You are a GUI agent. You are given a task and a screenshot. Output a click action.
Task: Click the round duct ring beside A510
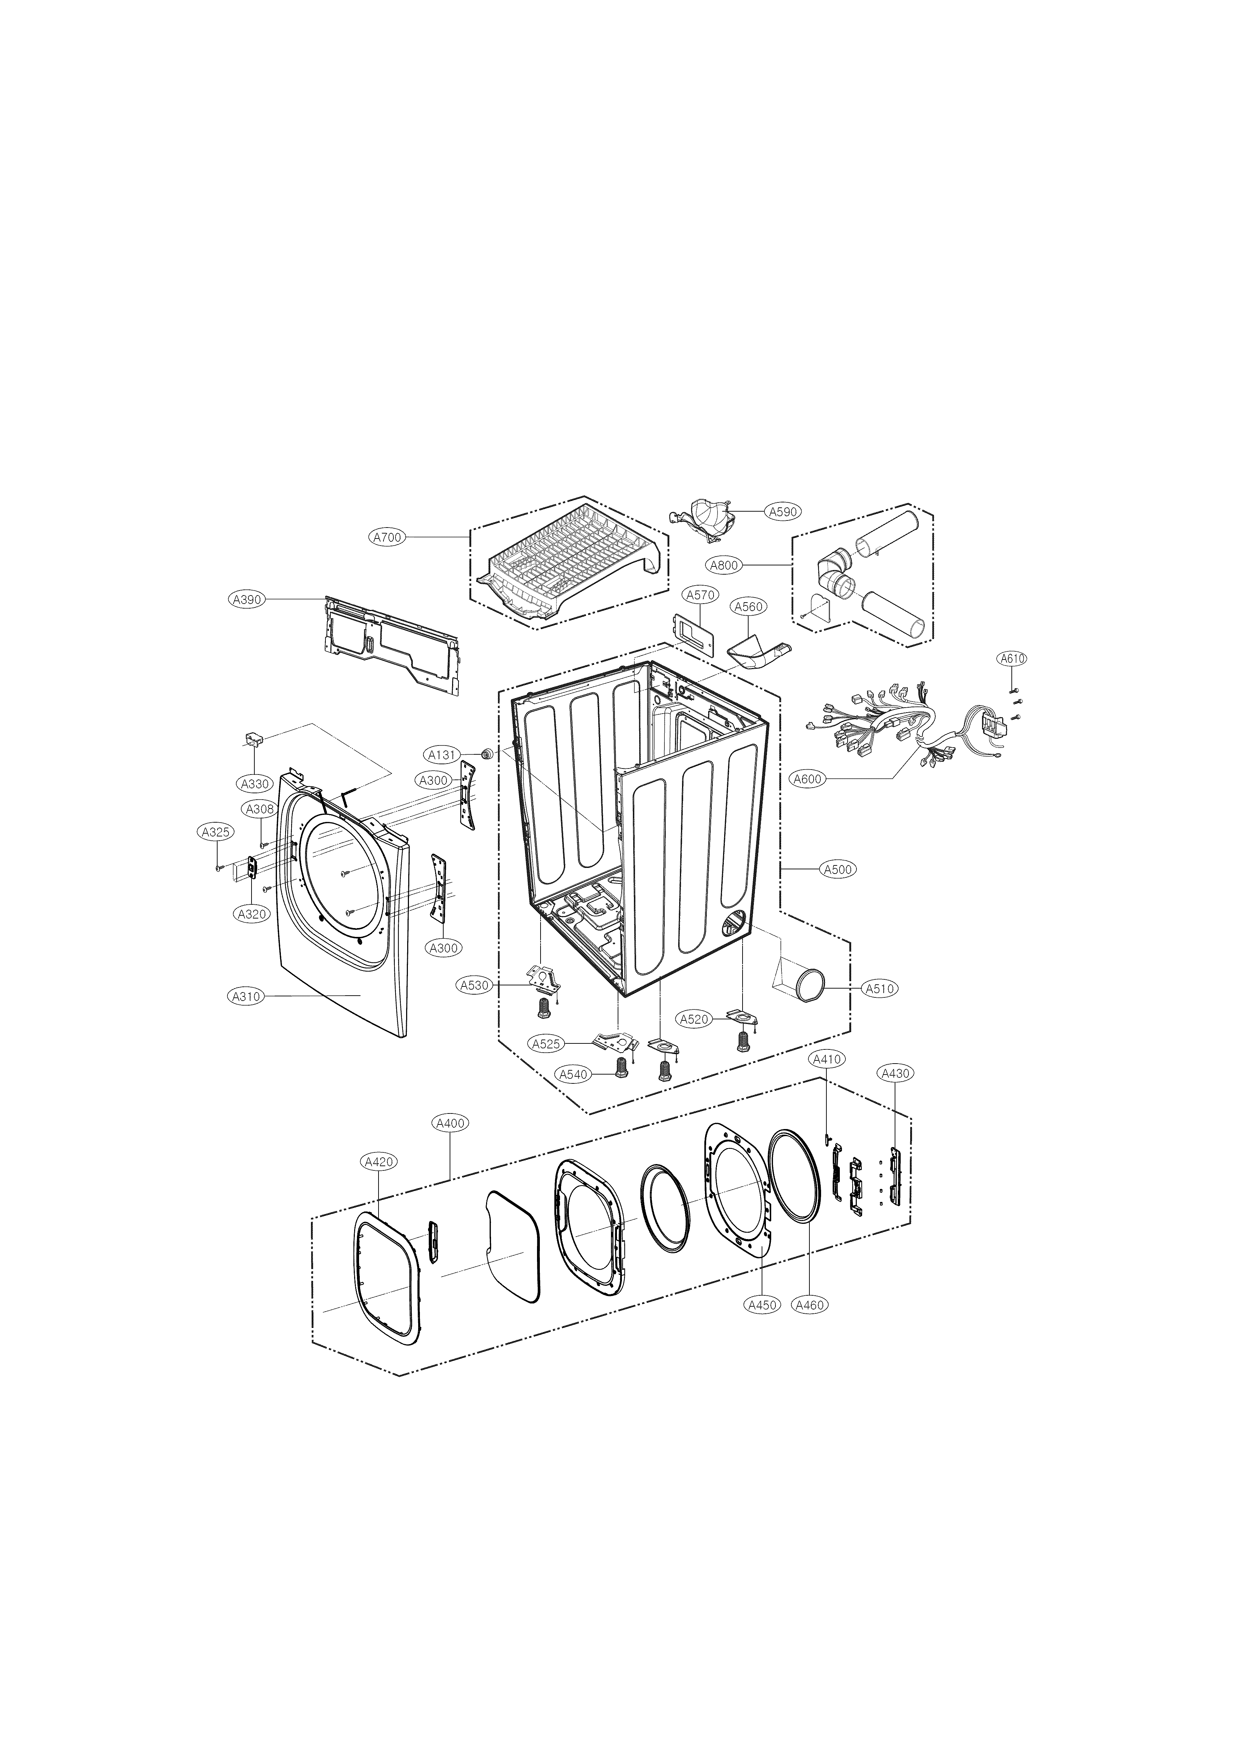click(810, 984)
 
